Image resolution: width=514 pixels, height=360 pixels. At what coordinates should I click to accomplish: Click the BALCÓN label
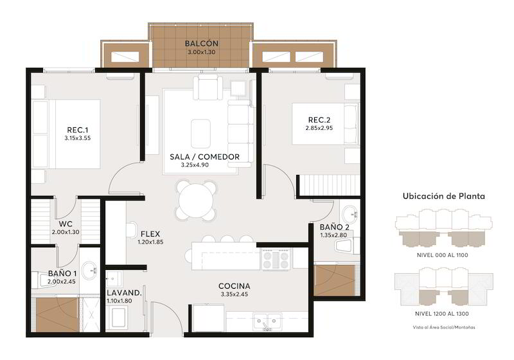click(x=201, y=43)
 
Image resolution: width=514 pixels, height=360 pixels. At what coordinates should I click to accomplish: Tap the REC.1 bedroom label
click(x=78, y=130)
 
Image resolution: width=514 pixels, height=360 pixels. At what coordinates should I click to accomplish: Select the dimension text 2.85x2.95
click(x=319, y=128)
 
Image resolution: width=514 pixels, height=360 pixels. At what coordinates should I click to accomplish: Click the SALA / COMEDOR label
click(x=204, y=157)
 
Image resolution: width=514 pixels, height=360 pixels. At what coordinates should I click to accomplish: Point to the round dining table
click(x=197, y=200)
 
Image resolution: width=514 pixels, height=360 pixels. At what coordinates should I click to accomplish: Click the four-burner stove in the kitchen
click(x=276, y=259)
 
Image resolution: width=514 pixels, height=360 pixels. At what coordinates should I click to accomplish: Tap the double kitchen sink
click(x=267, y=321)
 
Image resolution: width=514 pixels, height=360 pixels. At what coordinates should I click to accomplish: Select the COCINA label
click(x=234, y=286)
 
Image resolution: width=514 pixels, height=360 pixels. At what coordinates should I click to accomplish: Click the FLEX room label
click(x=150, y=234)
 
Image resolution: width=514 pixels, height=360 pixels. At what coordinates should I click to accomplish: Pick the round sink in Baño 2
click(x=350, y=215)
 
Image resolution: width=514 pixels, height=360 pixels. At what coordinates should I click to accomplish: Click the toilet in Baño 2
click(x=346, y=246)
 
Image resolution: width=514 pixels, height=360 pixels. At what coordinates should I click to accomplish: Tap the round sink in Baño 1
click(x=89, y=270)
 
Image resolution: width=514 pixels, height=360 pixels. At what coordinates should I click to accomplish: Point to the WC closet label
click(x=66, y=224)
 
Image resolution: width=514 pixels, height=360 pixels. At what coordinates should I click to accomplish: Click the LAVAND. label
click(x=124, y=293)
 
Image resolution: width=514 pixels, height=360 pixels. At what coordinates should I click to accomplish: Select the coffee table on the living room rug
click(x=200, y=133)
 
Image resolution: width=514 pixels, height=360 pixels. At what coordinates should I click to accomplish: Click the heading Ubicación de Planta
click(x=443, y=196)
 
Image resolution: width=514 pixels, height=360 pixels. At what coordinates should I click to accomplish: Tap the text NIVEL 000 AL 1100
click(x=442, y=255)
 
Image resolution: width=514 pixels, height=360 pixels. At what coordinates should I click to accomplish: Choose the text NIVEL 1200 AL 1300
click(x=441, y=314)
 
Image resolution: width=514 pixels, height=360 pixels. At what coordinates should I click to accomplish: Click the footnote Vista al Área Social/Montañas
click(x=444, y=327)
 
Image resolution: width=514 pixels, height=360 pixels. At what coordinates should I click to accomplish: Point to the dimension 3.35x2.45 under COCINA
click(x=234, y=294)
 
